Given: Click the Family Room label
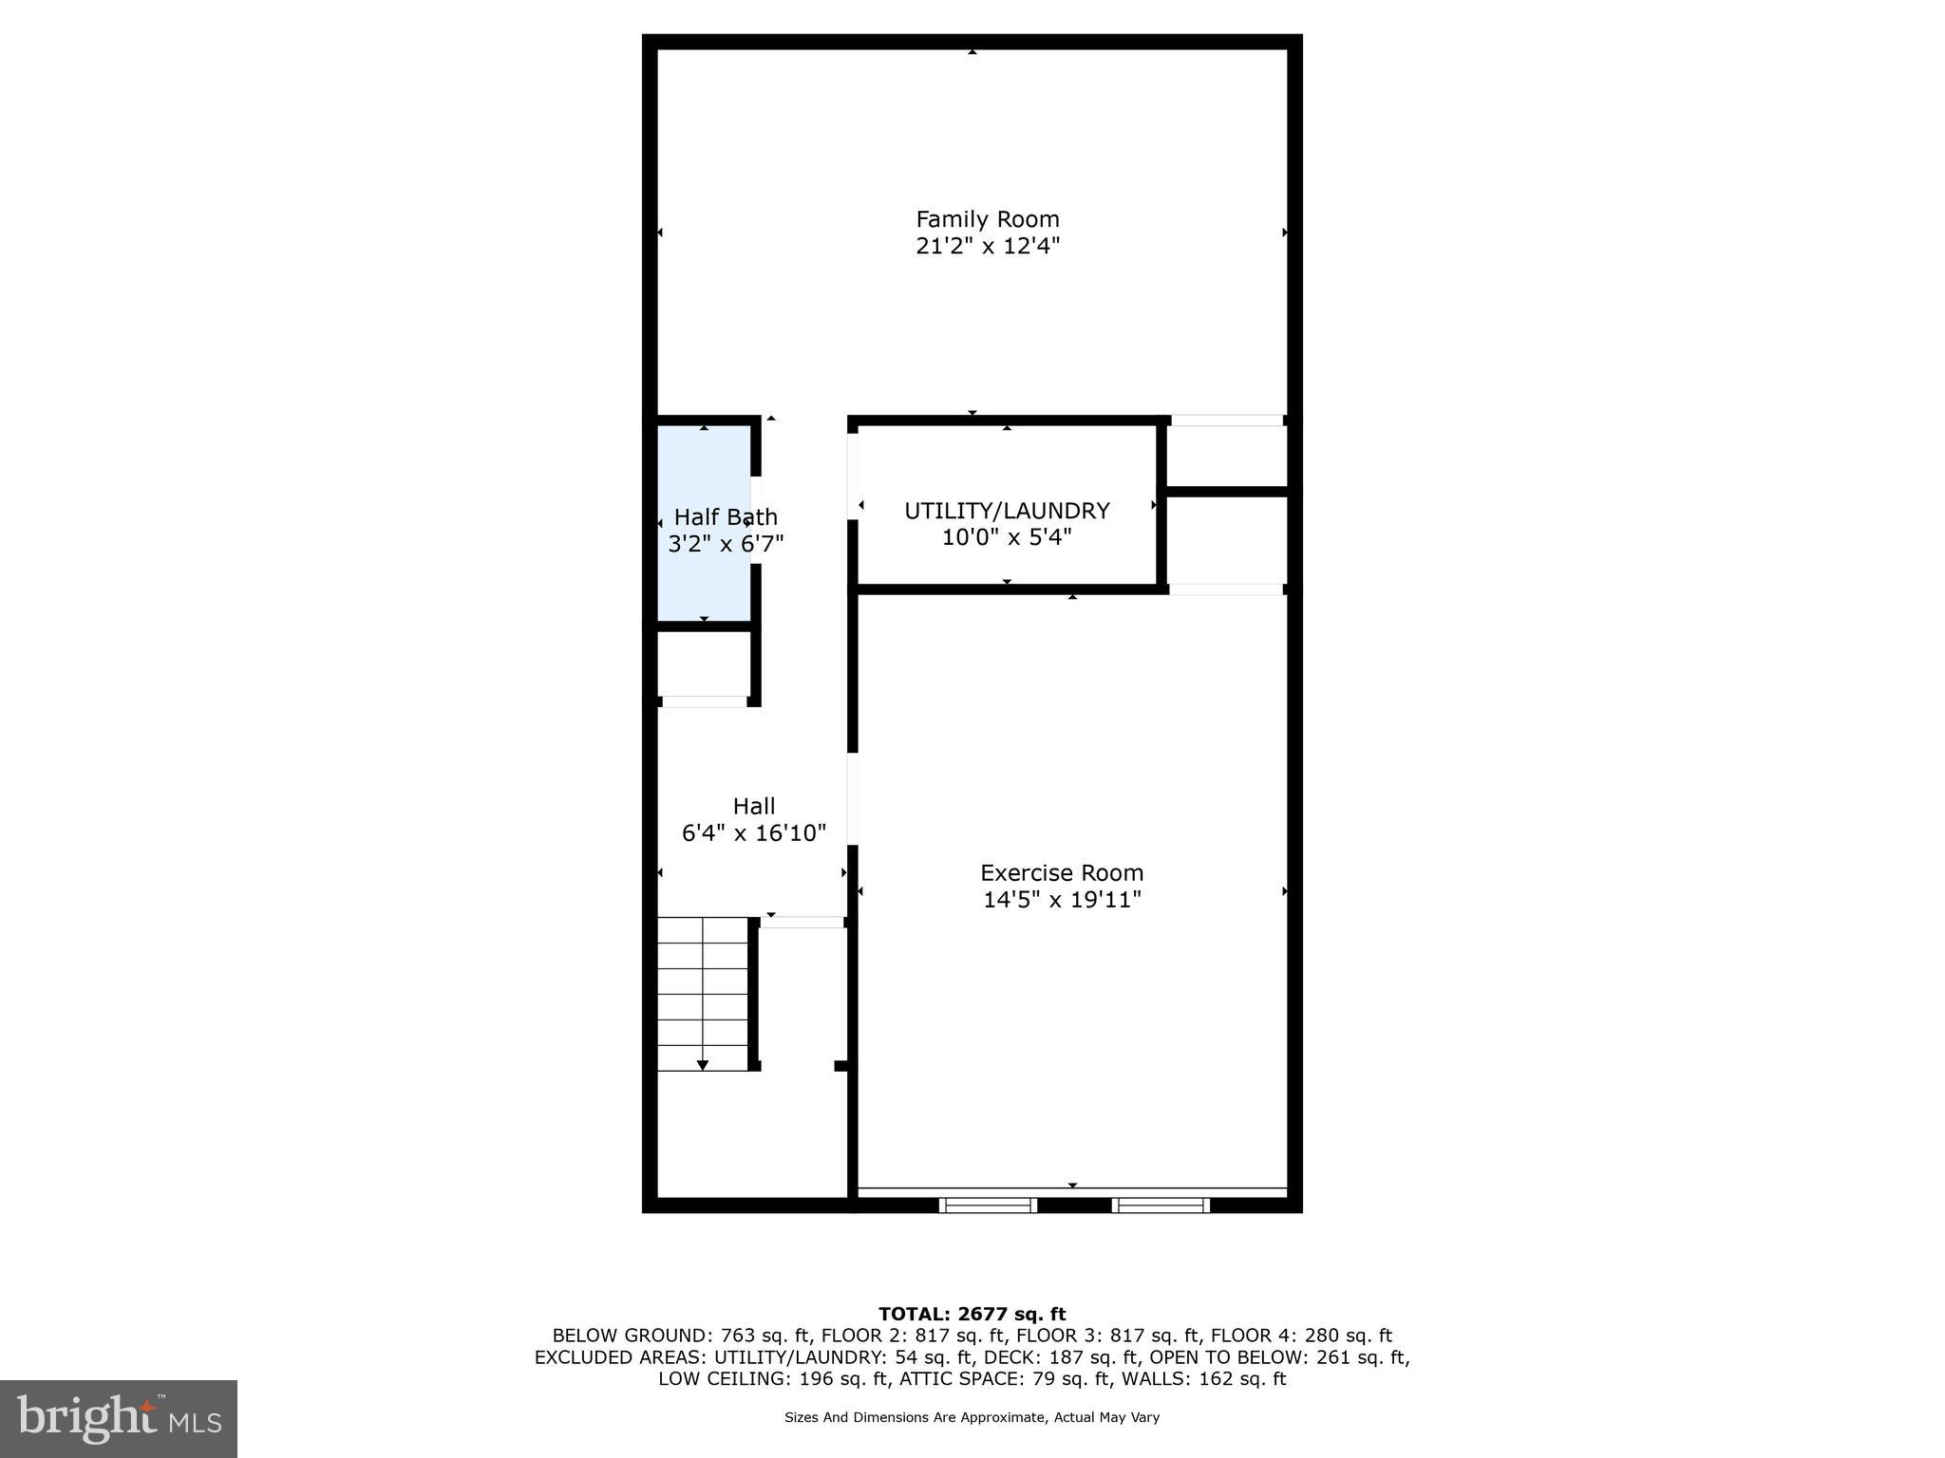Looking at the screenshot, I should click(x=987, y=219).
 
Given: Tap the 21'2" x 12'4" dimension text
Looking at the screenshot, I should click(x=987, y=247).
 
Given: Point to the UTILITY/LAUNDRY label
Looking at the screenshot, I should click(x=1007, y=511).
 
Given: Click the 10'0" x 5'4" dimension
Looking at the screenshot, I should click(x=1007, y=538).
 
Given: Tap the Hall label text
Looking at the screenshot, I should click(x=754, y=807).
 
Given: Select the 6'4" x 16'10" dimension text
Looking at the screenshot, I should click(x=754, y=833).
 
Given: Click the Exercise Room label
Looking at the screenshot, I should click(x=1062, y=873).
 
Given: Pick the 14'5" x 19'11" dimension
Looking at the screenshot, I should click(x=1062, y=900).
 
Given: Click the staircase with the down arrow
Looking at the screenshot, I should click(x=704, y=992).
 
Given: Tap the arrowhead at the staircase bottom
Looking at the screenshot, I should click(x=703, y=1065).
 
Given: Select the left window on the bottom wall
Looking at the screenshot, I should click(x=988, y=1206).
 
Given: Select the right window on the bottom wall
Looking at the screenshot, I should click(x=1161, y=1206).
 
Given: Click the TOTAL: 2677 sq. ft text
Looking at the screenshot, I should click(x=972, y=1314).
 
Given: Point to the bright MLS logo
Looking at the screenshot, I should click(x=118, y=1418).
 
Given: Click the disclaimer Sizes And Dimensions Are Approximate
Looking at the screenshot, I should click(x=972, y=1417).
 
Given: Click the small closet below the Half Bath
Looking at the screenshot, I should click(x=704, y=664).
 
